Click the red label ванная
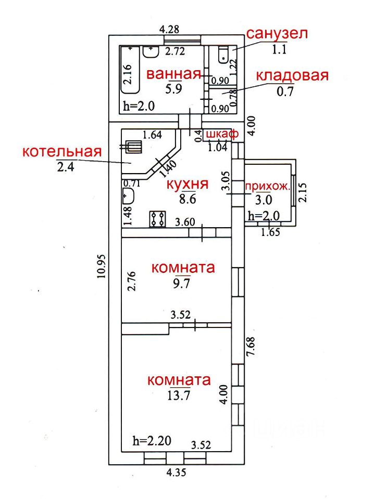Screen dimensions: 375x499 point(174,74)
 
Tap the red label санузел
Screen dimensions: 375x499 point(277,33)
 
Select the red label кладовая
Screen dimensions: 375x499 point(292,76)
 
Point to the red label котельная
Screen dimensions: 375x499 point(62,151)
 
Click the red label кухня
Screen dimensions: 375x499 point(187,184)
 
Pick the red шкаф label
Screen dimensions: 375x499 point(222,134)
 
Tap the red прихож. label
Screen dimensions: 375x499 point(268,187)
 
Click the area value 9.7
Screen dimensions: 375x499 point(181,283)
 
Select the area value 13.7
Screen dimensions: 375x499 point(179,395)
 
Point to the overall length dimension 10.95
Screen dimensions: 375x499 point(102,266)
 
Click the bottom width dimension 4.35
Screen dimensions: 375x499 point(176,472)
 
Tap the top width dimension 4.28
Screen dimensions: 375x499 point(169,29)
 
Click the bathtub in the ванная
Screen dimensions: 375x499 point(130,70)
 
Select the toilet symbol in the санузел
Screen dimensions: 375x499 point(223,55)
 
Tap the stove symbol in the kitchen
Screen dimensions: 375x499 point(157,219)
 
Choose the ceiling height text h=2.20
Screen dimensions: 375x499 point(152,441)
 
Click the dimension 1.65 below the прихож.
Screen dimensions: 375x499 point(270,232)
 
